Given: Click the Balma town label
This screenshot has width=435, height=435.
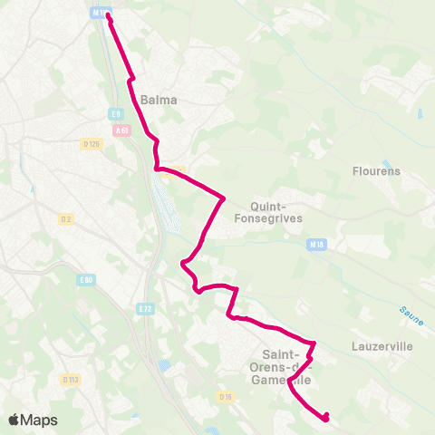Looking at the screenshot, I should click(159, 101).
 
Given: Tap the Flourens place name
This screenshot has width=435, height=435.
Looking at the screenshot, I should click(370, 170).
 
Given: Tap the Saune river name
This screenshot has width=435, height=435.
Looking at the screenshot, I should click(411, 312).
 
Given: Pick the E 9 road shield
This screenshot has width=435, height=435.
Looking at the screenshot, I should click(116, 113).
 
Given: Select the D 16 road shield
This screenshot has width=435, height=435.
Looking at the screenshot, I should click(226, 396).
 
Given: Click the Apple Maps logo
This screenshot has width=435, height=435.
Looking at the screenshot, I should click(33, 420).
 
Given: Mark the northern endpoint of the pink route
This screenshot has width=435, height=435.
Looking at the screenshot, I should click(109, 15).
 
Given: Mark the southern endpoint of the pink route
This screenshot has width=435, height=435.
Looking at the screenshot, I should click(325, 417).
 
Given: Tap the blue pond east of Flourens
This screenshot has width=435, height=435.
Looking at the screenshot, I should click(419, 115).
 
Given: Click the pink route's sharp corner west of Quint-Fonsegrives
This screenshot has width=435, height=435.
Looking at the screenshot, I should click(223, 198).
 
